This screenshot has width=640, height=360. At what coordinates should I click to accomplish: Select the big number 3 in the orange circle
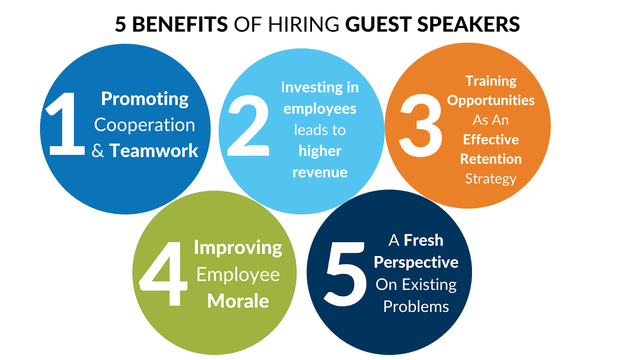tap(421, 126)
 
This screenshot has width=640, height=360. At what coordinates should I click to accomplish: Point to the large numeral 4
tap(164, 274)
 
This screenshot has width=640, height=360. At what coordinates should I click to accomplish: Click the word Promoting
tap(144, 99)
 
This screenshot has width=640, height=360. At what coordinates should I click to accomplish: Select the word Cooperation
tap(144, 125)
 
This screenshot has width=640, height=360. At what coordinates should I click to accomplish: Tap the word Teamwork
tap(154, 151)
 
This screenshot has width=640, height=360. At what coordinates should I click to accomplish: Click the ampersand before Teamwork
tap(98, 151)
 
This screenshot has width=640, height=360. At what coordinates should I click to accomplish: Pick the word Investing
tap(307, 88)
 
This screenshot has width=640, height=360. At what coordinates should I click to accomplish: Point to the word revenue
tap(320, 172)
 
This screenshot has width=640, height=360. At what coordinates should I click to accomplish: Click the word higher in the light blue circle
tap(320, 151)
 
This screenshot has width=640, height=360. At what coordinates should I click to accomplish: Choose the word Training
tap(491, 81)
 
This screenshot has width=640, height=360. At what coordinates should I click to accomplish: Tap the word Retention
tap(491, 159)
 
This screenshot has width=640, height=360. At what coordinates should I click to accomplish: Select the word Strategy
tap(491, 179)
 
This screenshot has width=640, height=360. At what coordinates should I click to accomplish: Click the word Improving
tap(238, 248)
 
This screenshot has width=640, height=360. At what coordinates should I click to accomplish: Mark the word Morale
tap(238, 301)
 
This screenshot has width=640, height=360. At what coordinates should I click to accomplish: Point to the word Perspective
tap(416, 263)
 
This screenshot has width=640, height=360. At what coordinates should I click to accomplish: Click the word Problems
tap(416, 307)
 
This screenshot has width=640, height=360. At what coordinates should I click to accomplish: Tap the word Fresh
tap(423, 240)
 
